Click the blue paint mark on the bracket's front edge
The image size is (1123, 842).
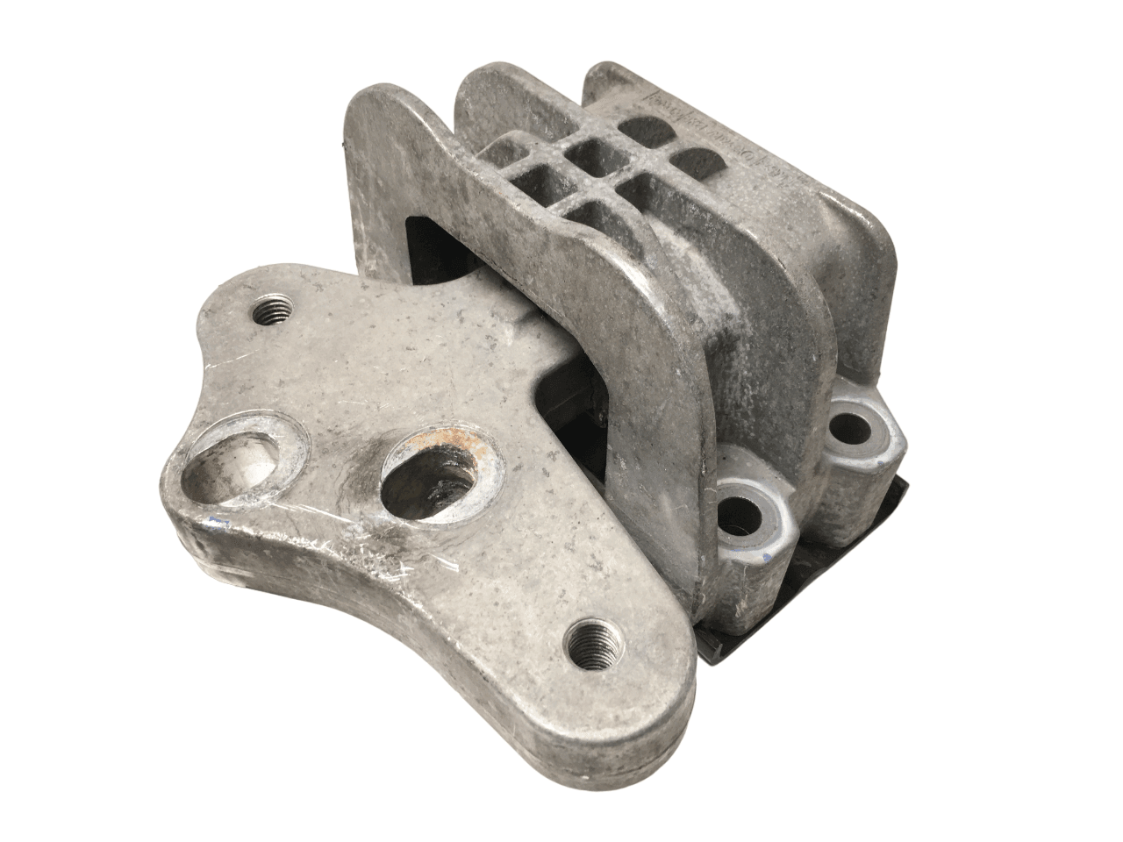pos(217,524)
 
